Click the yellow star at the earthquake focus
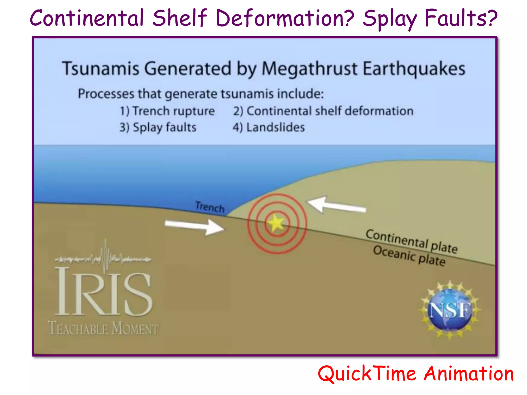coord(276,223)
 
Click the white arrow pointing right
coord(195,227)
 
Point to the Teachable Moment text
coord(103,328)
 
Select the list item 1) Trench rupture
coord(167,111)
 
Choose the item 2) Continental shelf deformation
coord(323,111)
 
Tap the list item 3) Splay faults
coord(158,127)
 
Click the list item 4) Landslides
coord(269,127)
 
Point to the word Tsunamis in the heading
coord(101,69)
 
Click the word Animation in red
coord(469,374)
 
